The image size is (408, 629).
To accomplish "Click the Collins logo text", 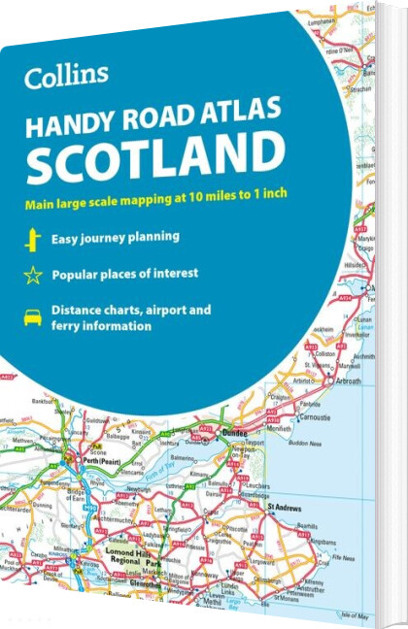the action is click(x=67, y=75).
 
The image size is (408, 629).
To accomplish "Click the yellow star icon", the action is click(x=33, y=275).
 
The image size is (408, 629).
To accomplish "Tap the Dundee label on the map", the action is click(x=234, y=433).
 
